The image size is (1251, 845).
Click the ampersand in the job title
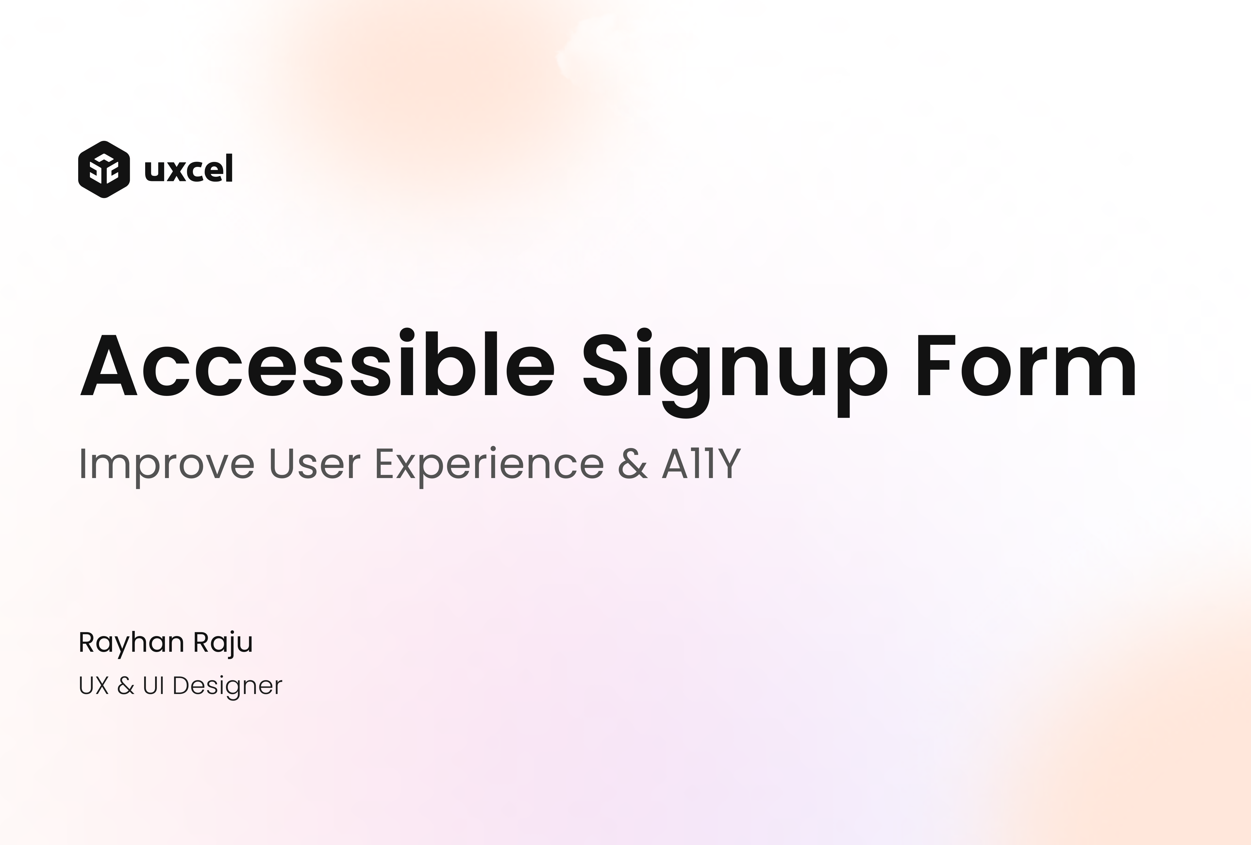(126, 686)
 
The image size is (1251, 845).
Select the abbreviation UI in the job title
(154, 686)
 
